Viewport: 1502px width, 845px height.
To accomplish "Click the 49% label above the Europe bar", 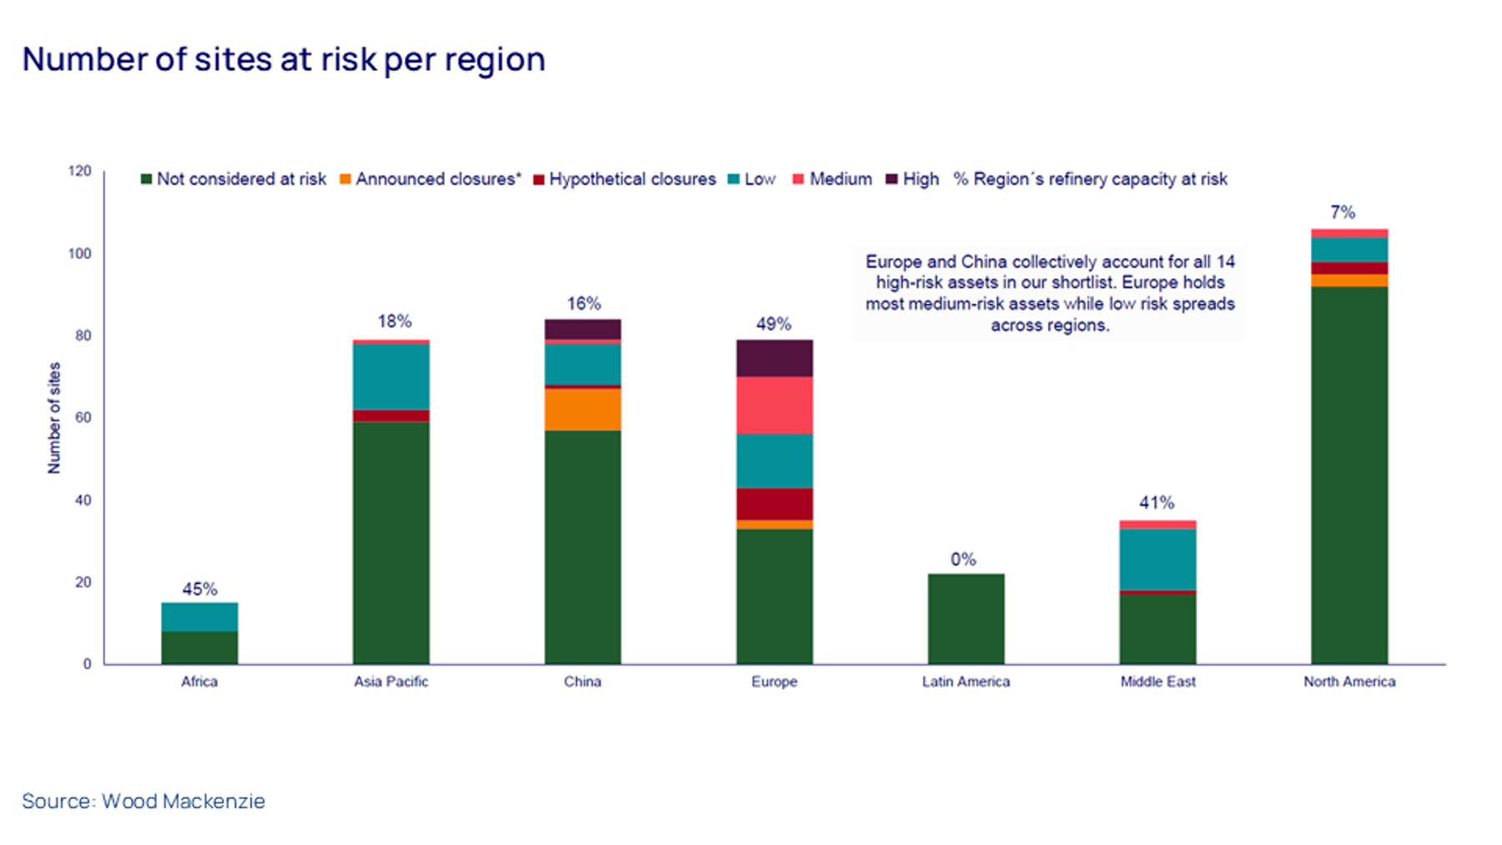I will pyautogui.click(x=774, y=324).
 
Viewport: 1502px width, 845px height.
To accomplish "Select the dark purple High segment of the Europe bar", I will pyautogui.click(x=774, y=357).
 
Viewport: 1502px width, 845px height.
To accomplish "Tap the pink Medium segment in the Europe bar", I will pyautogui.click(x=774, y=405).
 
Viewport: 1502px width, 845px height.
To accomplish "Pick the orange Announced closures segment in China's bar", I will pyautogui.click(x=582, y=410).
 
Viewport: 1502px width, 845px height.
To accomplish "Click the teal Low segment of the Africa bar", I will pyautogui.click(x=199, y=616).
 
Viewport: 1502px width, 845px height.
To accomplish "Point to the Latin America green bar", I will pyautogui.click(x=965, y=619).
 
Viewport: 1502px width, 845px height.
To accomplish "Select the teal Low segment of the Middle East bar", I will pyautogui.click(x=1157, y=559).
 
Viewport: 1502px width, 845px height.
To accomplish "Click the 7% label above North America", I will pyautogui.click(x=1343, y=212).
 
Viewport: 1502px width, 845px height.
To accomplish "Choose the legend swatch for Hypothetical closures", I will pyautogui.click(x=539, y=180).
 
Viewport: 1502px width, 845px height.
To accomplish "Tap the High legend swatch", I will pyautogui.click(x=891, y=180).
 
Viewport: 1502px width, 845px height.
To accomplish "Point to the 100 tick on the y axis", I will pyautogui.click(x=80, y=253).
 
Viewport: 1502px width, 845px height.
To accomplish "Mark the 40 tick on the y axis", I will pyautogui.click(x=83, y=500).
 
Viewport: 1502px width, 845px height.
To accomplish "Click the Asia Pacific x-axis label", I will pyautogui.click(x=391, y=681).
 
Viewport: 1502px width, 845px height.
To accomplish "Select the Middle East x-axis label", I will pyautogui.click(x=1157, y=681).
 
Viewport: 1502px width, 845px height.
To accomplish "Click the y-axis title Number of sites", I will pyautogui.click(x=54, y=417).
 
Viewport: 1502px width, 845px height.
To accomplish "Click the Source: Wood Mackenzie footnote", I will pyautogui.click(x=144, y=801).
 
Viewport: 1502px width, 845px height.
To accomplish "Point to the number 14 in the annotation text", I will pyautogui.click(x=1225, y=261).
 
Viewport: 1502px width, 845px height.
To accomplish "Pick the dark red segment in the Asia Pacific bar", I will pyautogui.click(x=391, y=416).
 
